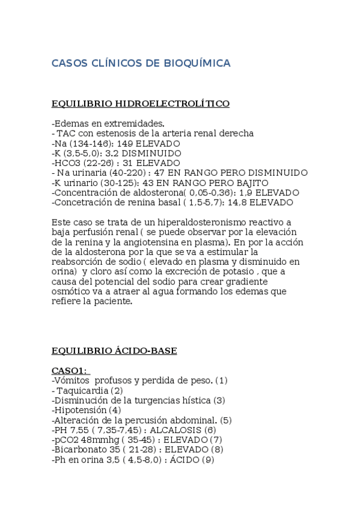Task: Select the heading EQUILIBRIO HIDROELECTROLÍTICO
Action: tap(141, 103)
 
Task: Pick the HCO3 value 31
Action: tap(123, 163)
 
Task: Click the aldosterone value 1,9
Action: tap(247, 192)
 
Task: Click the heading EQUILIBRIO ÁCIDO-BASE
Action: tap(114, 351)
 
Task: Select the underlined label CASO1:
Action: tap(69, 370)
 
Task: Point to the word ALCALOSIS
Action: tap(175, 430)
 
